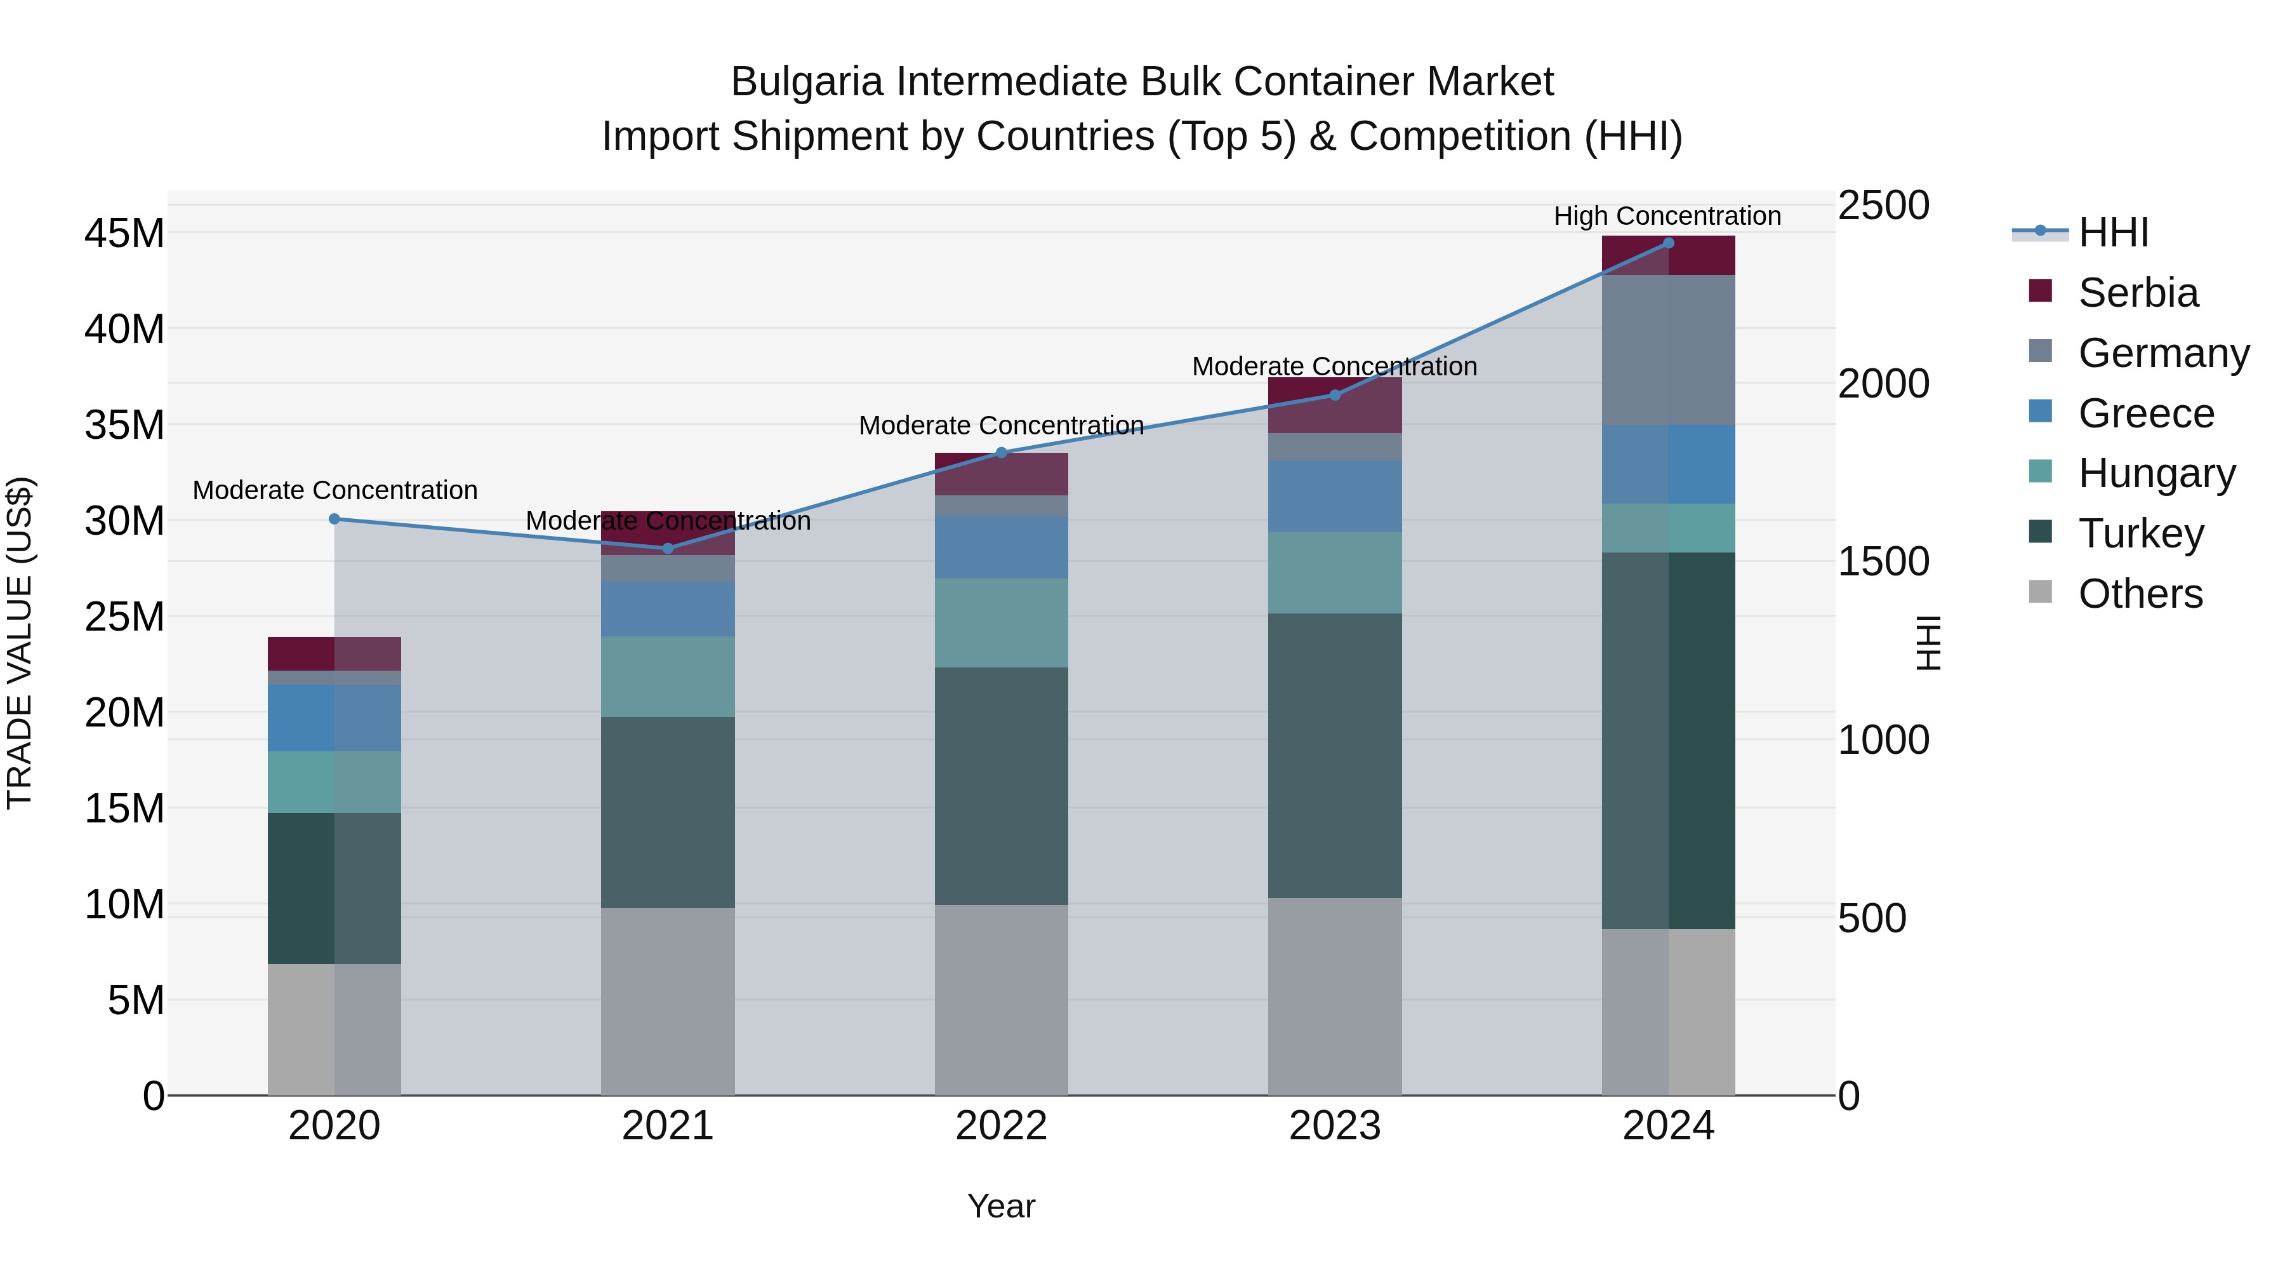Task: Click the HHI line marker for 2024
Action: pos(1667,243)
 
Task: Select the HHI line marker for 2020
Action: pos(334,519)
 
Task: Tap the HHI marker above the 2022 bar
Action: pos(1002,453)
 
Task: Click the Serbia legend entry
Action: pos(2138,293)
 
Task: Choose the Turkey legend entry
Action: pos(2140,533)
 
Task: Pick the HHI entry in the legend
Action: pos(2113,232)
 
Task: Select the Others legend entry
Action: pos(2140,594)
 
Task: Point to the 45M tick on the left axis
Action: pos(124,234)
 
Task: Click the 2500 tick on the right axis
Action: pos(1883,205)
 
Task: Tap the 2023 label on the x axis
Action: pos(1334,1126)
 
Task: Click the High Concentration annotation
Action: pos(1667,216)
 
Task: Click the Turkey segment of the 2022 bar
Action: pos(1002,786)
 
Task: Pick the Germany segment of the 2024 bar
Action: pos(1667,350)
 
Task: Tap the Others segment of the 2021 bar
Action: pos(668,1001)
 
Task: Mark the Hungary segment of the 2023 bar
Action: pos(1334,572)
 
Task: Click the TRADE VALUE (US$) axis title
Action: pos(20,643)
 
